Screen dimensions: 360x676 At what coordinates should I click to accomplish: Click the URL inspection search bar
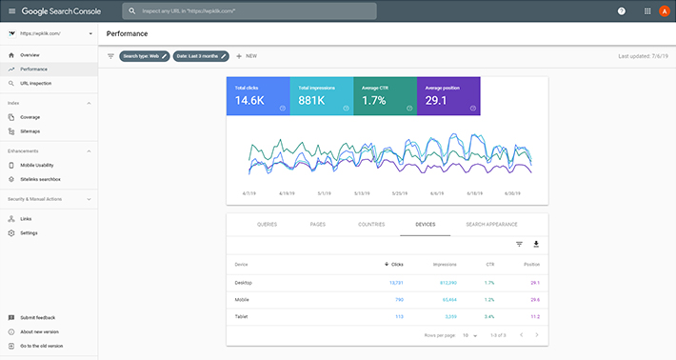pos(249,11)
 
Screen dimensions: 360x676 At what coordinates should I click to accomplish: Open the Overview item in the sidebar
pos(30,55)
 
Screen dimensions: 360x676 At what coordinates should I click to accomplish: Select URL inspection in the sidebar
pos(36,83)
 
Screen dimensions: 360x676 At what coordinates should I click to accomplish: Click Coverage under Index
pos(30,117)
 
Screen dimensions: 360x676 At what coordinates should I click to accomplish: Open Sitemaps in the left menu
pos(30,130)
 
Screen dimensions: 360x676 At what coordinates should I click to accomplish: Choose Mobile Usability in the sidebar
pos(37,165)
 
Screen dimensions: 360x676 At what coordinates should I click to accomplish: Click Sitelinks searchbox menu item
pos(40,179)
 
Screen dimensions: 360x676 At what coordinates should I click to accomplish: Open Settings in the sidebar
pos(29,232)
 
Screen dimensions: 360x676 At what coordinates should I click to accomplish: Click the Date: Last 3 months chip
pos(201,56)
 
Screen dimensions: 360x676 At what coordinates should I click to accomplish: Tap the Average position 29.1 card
pos(447,97)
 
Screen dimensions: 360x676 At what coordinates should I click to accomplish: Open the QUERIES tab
pos(268,224)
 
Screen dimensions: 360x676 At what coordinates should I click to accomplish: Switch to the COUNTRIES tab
pos(371,224)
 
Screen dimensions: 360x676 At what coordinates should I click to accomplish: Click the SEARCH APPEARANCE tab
pos(491,224)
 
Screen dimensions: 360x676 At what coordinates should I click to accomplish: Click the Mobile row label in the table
pos(243,299)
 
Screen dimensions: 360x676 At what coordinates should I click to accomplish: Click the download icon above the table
pos(535,245)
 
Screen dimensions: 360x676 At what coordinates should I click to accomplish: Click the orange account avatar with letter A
pos(664,11)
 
